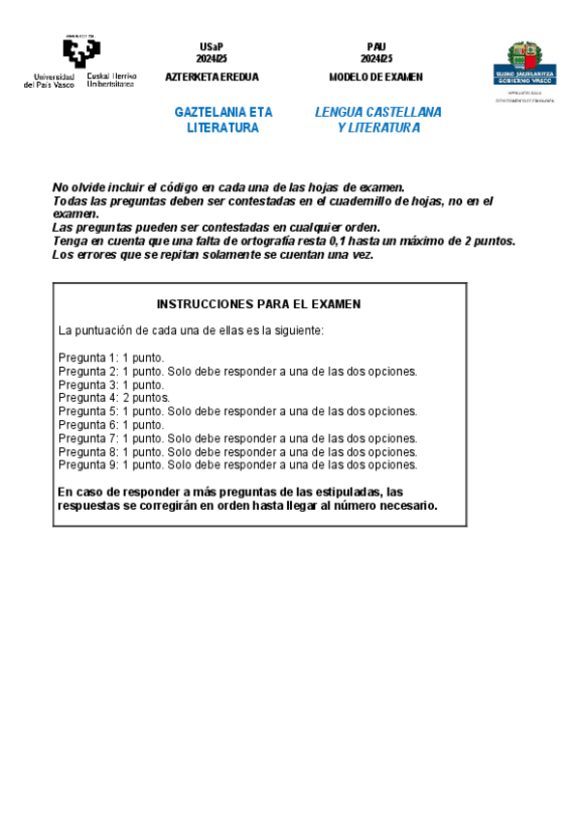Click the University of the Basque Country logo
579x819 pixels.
coord(80,62)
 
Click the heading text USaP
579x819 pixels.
coord(212,46)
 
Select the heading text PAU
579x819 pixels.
coord(376,46)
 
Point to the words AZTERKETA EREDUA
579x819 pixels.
coord(212,77)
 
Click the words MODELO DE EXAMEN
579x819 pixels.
coord(376,77)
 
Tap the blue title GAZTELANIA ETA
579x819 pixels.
coord(223,112)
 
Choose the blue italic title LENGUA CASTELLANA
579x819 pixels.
coord(378,112)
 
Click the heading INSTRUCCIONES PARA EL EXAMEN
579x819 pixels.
coord(258,303)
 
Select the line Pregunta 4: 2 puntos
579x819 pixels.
coord(114,397)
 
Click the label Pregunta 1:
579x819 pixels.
coord(88,357)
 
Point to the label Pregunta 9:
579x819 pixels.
coord(88,464)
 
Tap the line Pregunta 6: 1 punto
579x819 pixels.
coord(111,424)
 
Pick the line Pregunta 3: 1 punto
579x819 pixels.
coord(111,384)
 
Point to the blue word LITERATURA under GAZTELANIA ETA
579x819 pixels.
coord(223,127)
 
